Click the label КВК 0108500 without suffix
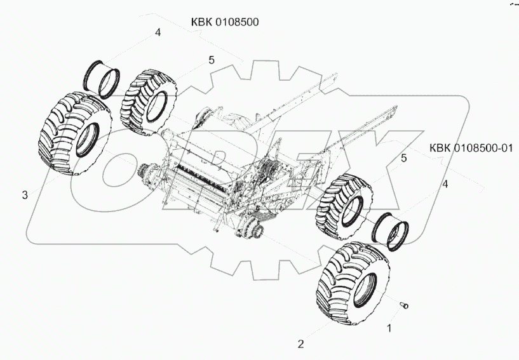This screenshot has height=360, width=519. [x=225, y=22]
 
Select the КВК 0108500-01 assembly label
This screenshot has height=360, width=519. [x=471, y=148]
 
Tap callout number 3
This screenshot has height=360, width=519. [x=24, y=195]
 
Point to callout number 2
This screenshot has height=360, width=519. [x=301, y=344]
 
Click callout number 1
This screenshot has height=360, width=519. [x=390, y=329]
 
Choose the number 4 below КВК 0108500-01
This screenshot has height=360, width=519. [x=445, y=183]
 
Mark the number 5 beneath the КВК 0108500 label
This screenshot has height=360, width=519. [x=212, y=60]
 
